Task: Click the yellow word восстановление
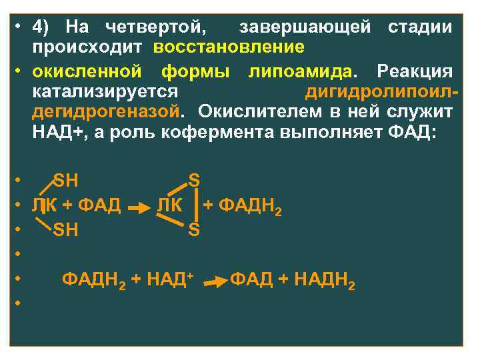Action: (x=229, y=48)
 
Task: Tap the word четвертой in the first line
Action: (x=156, y=27)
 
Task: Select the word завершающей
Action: (x=305, y=27)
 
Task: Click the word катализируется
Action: (x=105, y=91)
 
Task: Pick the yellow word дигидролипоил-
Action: (x=379, y=91)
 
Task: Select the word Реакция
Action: (x=415, y=71)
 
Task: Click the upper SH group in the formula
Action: (x=65, y=180)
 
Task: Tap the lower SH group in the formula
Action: (x=65, y=230)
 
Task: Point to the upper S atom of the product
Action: (x=194, y=180)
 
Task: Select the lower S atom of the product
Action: (x=194, y=230)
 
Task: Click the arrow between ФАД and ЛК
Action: (x=138, y=209)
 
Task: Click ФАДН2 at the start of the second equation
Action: (x=94, y=281)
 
